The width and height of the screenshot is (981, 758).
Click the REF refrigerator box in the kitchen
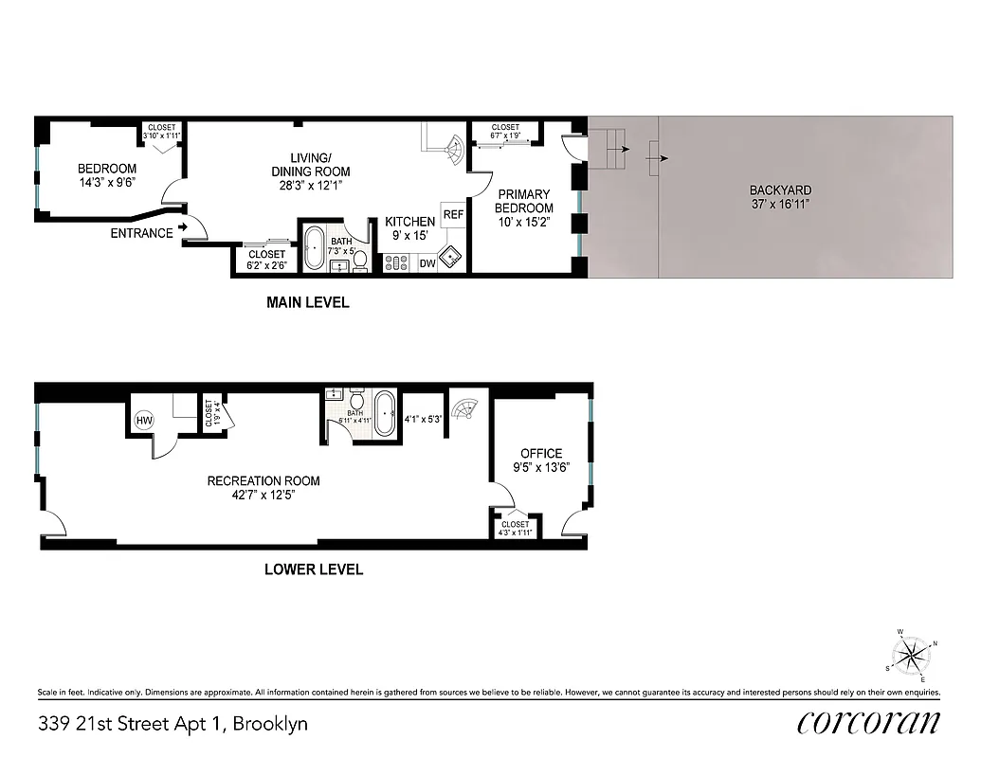click(x=453, y=215)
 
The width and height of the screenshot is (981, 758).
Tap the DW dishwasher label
click(x=427, y=264)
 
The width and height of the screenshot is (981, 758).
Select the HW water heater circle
click(x=145, y=421)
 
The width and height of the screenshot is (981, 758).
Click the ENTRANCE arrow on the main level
click(x=182, y=227)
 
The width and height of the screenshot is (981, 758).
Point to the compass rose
click(x=912, y=654)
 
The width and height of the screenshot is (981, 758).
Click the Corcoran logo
click(x=868, y=723)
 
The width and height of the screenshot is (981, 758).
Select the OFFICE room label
click(x=540, y=454)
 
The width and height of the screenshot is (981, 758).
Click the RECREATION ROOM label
click(x=263, y=481)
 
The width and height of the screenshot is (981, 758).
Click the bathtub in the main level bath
click(x=314, y=248)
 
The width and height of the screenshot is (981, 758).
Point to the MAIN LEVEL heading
click(x=306, y=303)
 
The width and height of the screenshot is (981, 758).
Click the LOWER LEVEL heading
click(x=314, y=569)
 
